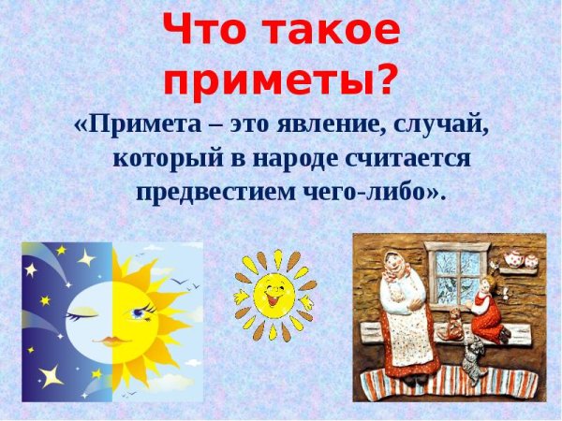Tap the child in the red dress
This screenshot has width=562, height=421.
(x=486, y=313)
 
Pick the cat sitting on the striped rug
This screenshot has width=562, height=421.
(x=473, y=361)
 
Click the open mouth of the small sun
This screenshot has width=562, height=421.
(x=274, y=302)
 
